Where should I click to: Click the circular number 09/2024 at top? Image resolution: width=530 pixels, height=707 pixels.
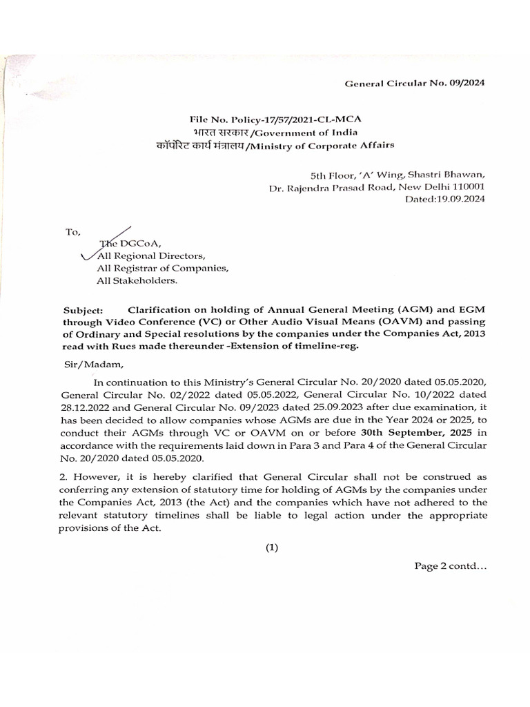pyautogui.click(x=467, y=83)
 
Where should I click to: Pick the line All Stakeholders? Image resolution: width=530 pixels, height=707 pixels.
pyautogui.click(x=137, y=280)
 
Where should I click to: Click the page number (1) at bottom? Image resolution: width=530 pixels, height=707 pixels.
pyautogui.click(x=272, y=548)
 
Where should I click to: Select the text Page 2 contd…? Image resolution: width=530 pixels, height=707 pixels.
pyautogui.click(x=451, y=566)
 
